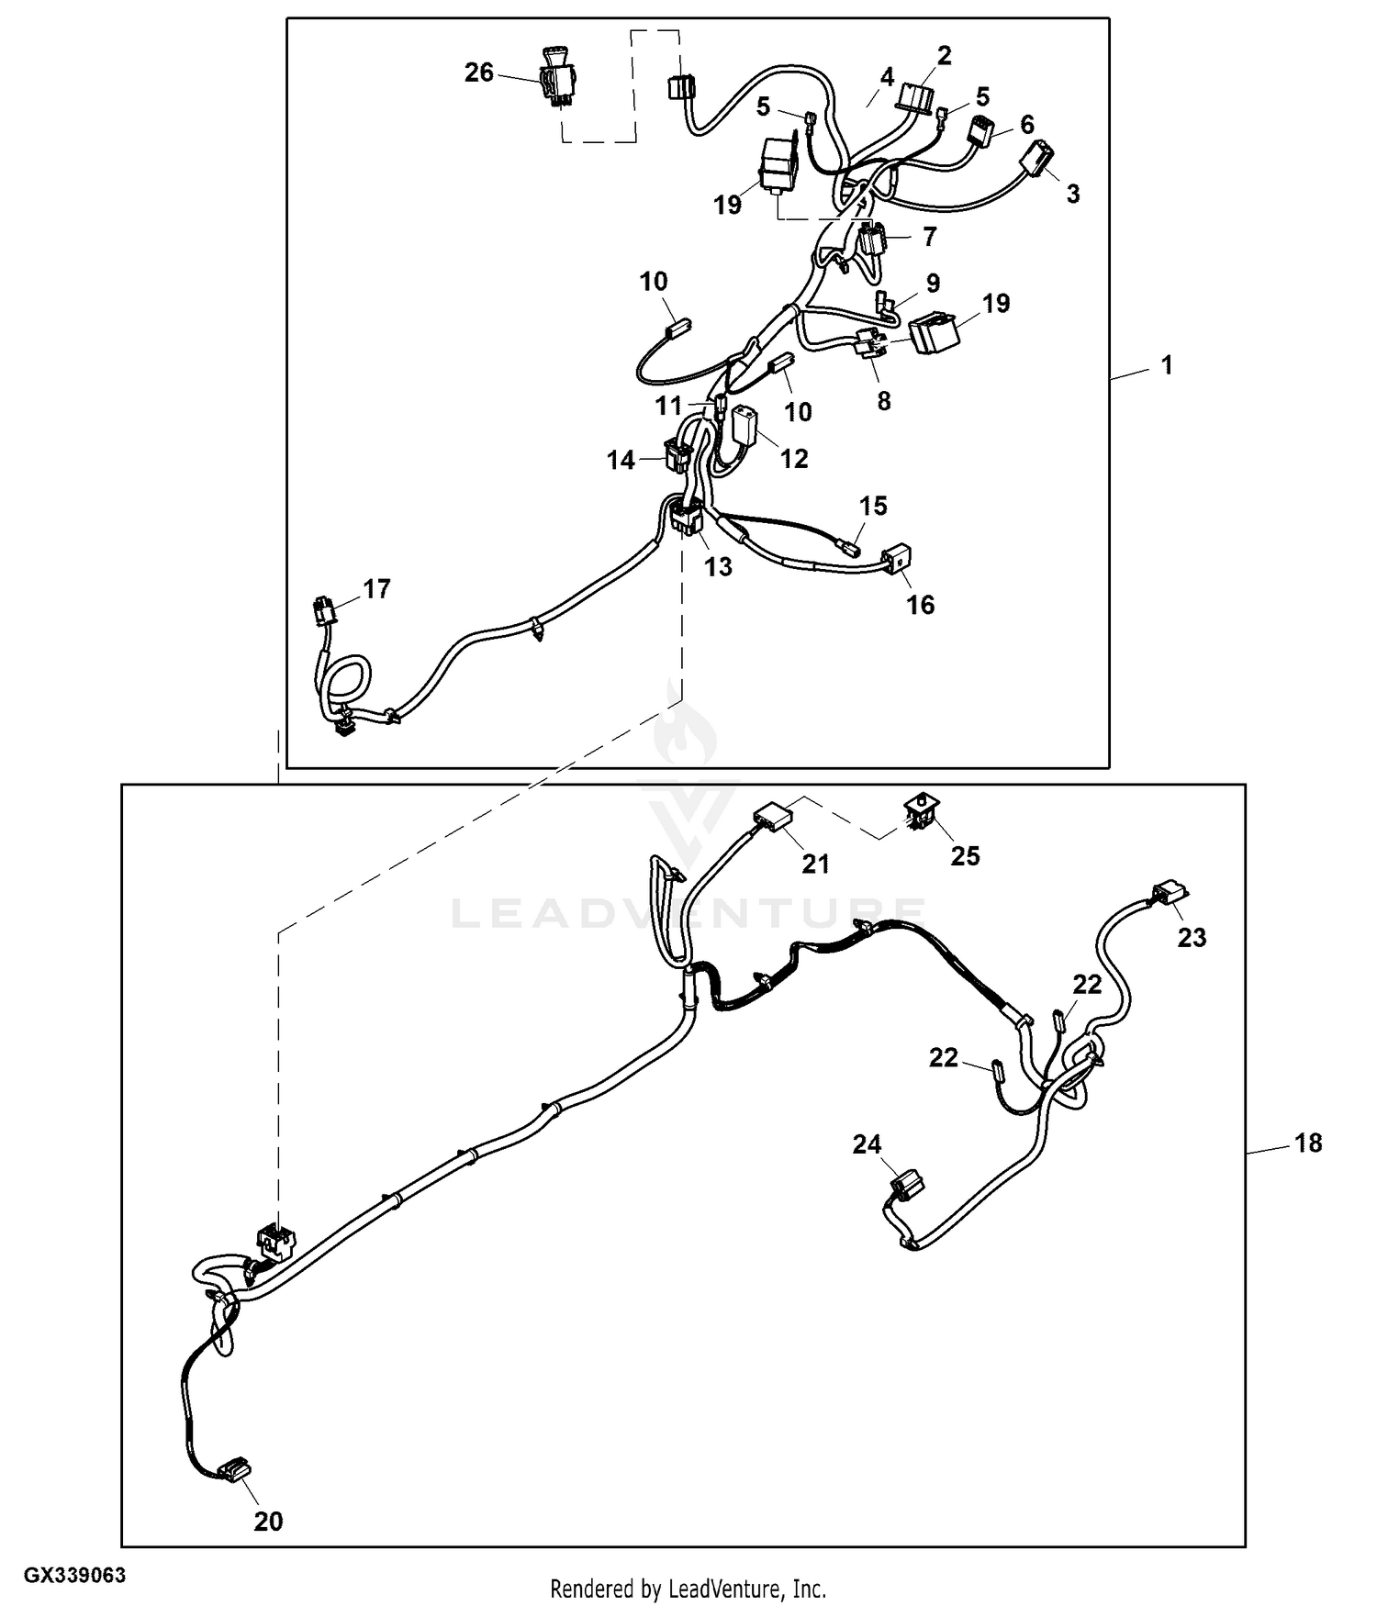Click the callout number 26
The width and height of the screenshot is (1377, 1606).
(478, 72)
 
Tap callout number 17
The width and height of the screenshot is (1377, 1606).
(376, 588)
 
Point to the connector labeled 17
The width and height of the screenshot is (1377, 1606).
(323, 609)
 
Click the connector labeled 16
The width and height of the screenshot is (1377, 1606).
(897, 558)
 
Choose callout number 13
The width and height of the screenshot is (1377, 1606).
(718, 566)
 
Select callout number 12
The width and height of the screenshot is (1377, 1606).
(794, 458)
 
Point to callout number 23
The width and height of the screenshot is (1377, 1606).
(1192, 937)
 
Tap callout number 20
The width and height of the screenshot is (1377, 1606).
(268, 1521)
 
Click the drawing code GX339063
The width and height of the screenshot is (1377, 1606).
(74, 1575)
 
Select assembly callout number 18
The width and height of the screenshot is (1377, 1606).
(1308, 1143)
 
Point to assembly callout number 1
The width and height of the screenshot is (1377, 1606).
(1167, 365)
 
